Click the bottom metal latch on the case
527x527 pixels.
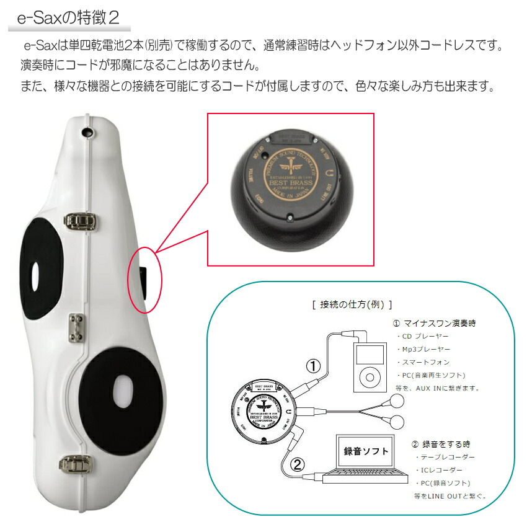click(x=74, y=462)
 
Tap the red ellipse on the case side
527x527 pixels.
click(x=144, y=275)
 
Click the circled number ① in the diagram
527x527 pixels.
click(x=314, y=366)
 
